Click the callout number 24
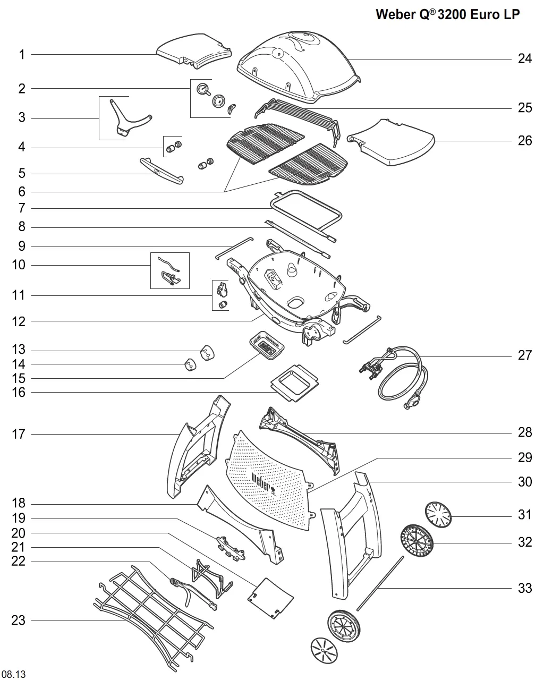tap(524, 58)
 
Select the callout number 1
tap(22, 54)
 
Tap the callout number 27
tap(524, 355)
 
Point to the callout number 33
tap(524, 588)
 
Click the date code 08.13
tap(13, 674)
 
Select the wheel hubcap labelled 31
tap(438, 515)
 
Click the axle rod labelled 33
tap(380, 582)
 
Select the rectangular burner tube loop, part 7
tap(306, 208)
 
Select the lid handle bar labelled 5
tap(161, 171)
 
